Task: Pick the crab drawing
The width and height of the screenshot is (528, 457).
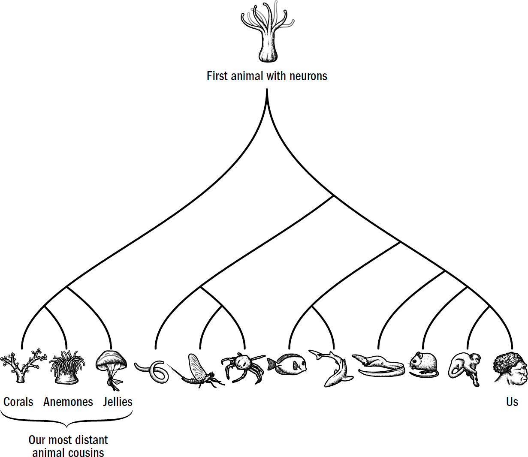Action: [x=244, y=367]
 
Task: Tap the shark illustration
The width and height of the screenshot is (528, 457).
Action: [x=335, y=368]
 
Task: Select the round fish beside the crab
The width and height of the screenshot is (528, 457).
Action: [x=288, y=364]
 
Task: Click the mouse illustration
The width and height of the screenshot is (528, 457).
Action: [x=423, y=364]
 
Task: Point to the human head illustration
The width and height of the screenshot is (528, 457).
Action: [x=510, y=369]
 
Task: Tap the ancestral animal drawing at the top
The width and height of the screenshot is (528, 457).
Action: [x=267, y=32]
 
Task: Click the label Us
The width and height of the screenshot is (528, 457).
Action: [x=512, y=402]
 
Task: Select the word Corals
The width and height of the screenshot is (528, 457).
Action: [x=18, y=402]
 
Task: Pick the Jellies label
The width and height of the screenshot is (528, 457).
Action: [x=118, y=402]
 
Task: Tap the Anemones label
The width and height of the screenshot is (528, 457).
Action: [x=68, y=402]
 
